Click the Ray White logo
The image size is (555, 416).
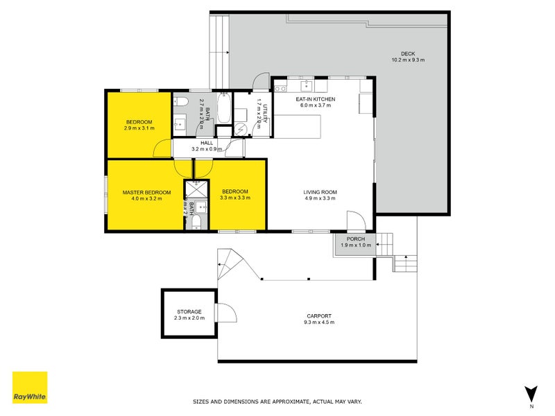pyautogui.click(x=30, y=388)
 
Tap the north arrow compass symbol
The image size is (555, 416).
pyautogui.click(x=531, y=393)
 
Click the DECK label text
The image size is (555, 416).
pyautogui.click(x=408, y=54)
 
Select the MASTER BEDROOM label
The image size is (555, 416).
pyautogui.click(x=146, y=192)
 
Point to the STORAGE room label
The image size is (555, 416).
pyautogui.click(x=189, y=312)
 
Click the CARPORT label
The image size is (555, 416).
pyautogui.click(x=318, y=316)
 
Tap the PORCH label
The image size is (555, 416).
pyautogui.click(x=355, y=239)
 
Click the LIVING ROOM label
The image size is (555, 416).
pyautogui.click(x=319, y=192)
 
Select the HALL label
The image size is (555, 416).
pyautogui.click(x=207, y=143)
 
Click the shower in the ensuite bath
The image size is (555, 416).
pyautogui.click(x=196, y=189)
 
